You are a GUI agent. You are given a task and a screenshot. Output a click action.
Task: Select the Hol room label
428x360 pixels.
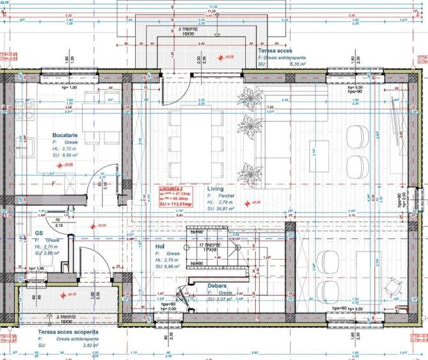(x=160, y=246)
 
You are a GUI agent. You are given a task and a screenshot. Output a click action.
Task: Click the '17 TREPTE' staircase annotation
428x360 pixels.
(x=210, y=244)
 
